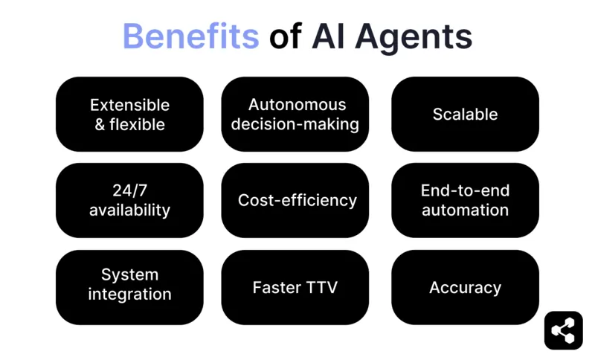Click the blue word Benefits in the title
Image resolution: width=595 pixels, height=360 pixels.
coord(190,36)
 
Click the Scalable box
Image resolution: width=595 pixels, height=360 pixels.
coord(465,115)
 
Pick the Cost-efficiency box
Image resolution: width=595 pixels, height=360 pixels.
coord(295,201)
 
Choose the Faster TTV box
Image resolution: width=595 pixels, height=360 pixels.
coord(295,287)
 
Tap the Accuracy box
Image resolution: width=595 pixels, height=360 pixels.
coord(465,287)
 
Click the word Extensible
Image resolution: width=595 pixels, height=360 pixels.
coord(129,105)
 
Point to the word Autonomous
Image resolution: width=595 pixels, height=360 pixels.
coord(297,105)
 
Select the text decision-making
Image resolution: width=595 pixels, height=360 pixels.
coord(295,124)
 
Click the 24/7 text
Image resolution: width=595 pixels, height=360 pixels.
coord(129,191)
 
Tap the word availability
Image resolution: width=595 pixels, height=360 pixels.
coord(129,210)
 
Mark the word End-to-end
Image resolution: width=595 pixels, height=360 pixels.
coord(465,191)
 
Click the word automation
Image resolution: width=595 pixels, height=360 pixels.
coord(465,210)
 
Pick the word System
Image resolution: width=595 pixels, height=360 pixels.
coord(129,275)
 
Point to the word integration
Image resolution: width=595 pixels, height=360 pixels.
coord(129,295)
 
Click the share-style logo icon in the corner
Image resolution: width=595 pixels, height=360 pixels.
coord(563,330)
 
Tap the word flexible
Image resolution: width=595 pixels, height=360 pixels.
coord(137,124)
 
